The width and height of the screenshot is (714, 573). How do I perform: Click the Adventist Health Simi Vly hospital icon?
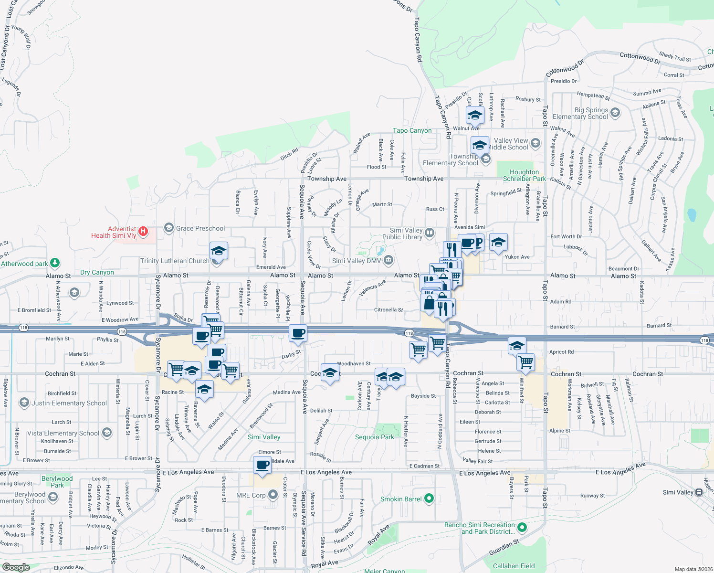click(x=143, y=232)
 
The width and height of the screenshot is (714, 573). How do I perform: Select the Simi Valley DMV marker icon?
click(x=388, y=260)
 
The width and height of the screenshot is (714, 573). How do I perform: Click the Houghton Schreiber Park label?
click(x=524, y=175)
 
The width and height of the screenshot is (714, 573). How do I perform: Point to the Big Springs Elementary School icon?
click(x=615, y=113)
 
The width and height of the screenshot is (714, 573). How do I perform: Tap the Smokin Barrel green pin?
click(x=429, y=499)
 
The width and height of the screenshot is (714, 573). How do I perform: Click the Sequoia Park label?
click(x=375, y=437)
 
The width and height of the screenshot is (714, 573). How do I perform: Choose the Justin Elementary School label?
click(x=69, y=403)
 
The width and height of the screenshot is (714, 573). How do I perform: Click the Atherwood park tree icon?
click(x=55, y=263)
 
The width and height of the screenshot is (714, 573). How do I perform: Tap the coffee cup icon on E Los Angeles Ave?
click(x=262, y=465)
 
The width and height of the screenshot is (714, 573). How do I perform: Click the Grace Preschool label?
click(x=200, y=228)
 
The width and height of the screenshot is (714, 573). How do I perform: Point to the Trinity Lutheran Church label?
click(x=175, y=261)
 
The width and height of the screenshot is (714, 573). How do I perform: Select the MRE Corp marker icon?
click(x=273, y=495)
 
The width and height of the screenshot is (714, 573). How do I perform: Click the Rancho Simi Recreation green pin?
click(x=522, y=528)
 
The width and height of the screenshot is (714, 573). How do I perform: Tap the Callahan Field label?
click(x=514, y=566)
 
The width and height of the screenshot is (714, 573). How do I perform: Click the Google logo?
click(x=16, y=567)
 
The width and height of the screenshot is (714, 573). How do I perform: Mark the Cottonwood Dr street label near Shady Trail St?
click(x=640, y=58)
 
